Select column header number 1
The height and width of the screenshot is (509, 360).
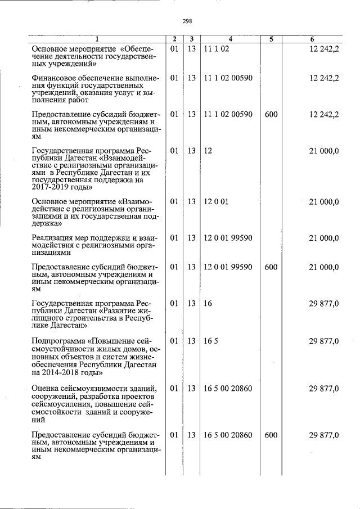point(96,39)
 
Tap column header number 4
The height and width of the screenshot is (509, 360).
point(230,39)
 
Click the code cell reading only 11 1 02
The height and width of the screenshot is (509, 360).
point(217,49)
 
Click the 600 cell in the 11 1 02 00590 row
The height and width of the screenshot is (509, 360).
point(271,114)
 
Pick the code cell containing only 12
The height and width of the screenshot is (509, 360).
point(208,151)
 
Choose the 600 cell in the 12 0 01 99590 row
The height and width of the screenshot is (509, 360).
point(271,267)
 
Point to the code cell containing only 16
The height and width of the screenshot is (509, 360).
point(208,304)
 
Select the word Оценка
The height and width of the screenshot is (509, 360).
point(46,389)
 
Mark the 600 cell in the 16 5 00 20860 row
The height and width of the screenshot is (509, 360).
point(271,435)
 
